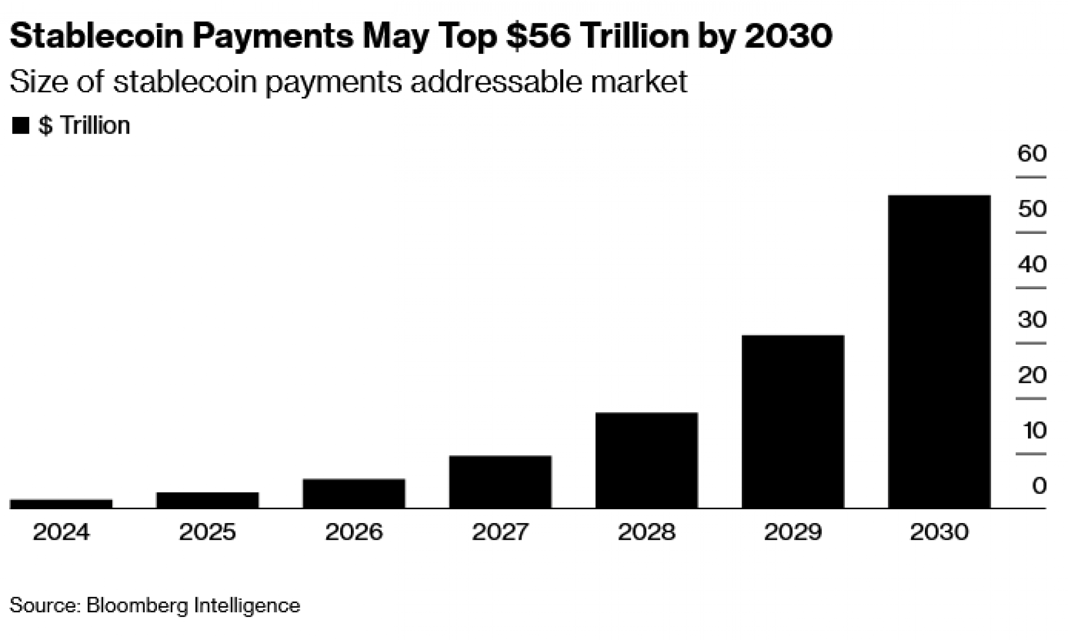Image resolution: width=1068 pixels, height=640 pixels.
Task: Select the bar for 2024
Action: [61, 503]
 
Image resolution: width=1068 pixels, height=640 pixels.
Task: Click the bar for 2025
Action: [207, 500]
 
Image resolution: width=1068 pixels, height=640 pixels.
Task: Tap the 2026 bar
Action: [354, 493]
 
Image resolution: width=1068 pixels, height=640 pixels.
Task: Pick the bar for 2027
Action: [500, 481]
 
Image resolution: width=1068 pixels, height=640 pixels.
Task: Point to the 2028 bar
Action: [646, 460]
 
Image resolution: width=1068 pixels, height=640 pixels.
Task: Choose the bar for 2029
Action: [792, 421]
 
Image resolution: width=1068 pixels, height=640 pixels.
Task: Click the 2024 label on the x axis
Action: [61, 532]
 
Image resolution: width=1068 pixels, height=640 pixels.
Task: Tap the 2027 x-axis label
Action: [500, 532]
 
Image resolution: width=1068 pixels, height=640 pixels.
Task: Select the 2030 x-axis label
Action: [939, 532]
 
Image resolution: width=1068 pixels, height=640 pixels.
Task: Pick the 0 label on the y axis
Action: [1039, 486]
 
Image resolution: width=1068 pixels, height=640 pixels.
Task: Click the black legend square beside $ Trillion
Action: [20, 126]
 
